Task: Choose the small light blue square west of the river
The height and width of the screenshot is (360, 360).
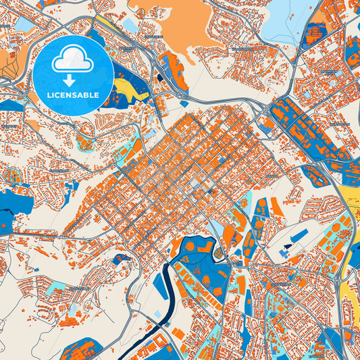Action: coord(157,315)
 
